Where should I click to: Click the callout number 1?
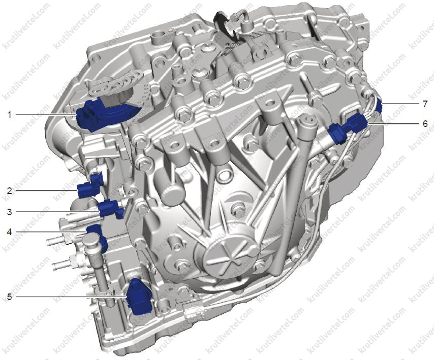pyautogui.click(x=10, y=114)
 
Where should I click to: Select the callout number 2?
pyautogui.click(x=10, y=191)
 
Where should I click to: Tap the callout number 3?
pyautogui.click(x=10, y=212)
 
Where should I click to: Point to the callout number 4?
pyautogui.click(x=10, y=232)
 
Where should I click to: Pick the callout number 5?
pyautogui.click(x=10, y=297)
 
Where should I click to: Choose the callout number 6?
pyautogui.click(x=425, y=123)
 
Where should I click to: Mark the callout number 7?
pyautogui.click(x=425, y=104)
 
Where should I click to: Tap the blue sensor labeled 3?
pyautogui.click(x=111, y=209)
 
